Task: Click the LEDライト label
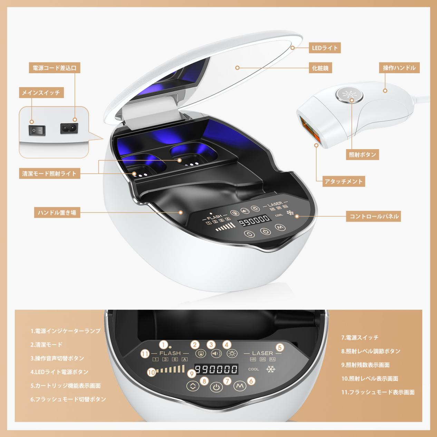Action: [x=324, y=48]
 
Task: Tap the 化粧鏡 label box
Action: [x=320, y=68]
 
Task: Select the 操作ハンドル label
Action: [x=399, y=68]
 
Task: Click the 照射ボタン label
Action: [x=362, y=155]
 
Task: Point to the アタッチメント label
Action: [x=343, y=182]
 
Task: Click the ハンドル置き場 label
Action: [x=57, y=213]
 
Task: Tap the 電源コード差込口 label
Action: [x=55, y=68]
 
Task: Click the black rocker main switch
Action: [x=37, y=130]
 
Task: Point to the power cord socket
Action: [x=69, y=128]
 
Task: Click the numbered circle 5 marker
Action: [x=280, y=347]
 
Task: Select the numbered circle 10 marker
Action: [x=152, y=372]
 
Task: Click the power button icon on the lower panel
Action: [x=216, y=387]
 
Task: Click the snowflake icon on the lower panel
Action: [x=271, y=369]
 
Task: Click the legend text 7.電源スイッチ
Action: [x=360, y=338]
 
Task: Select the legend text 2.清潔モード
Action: [x=46, y=345]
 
